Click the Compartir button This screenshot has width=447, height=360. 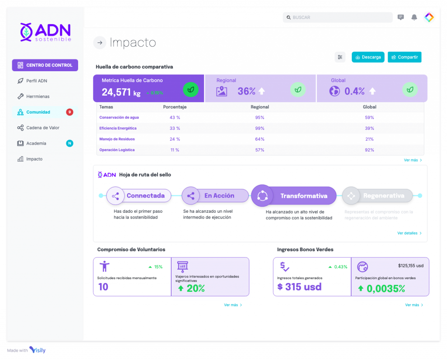(x=404, y=57)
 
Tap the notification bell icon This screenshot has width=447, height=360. (x=414, y=17)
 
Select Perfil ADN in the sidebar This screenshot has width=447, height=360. (x=37, y=81)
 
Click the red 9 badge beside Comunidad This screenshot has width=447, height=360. (x=69, y=112)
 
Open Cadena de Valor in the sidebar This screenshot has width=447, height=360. (x=42, y=128)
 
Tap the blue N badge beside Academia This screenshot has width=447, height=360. (x=69, y=143)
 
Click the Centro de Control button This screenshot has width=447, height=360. (x=45, y=65)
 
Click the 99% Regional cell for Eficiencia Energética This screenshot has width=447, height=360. (x=260, y=128)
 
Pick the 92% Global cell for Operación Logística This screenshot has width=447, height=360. (x=369, y=150)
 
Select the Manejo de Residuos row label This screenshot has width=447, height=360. (x=117, y=139)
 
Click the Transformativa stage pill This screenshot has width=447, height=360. (x=303, y=196)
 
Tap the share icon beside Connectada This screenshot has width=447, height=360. (x=116, y=196)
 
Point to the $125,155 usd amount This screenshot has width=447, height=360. (x=410, y=265)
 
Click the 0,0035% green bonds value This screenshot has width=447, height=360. (x=385, y=288)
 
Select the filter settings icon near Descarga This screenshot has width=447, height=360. (x=340, y=57)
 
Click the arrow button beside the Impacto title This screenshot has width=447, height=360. (x=100, y=42)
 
